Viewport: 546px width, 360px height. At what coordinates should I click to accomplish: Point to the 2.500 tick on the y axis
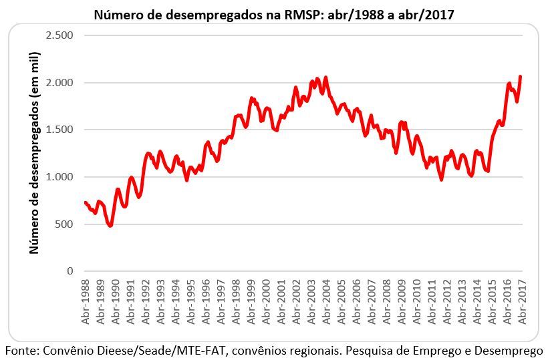[x=59, y=35]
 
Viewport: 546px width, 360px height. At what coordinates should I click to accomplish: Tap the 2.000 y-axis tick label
[x=59, y=82]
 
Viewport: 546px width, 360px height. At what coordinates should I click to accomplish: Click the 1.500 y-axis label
[x=59, y=130]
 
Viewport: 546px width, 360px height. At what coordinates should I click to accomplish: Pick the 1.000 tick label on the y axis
[x=59, y=177]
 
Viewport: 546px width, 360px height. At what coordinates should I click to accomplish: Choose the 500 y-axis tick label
[x=64, y=224]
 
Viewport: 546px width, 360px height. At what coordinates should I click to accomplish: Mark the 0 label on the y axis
[x=70, y=271]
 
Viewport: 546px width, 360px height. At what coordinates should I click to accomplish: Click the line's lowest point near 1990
[x=110, y=226]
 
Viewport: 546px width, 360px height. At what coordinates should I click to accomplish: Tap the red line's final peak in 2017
[x=520, y=77]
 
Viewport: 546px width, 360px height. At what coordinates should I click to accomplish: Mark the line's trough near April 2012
[x=441, y=179]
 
